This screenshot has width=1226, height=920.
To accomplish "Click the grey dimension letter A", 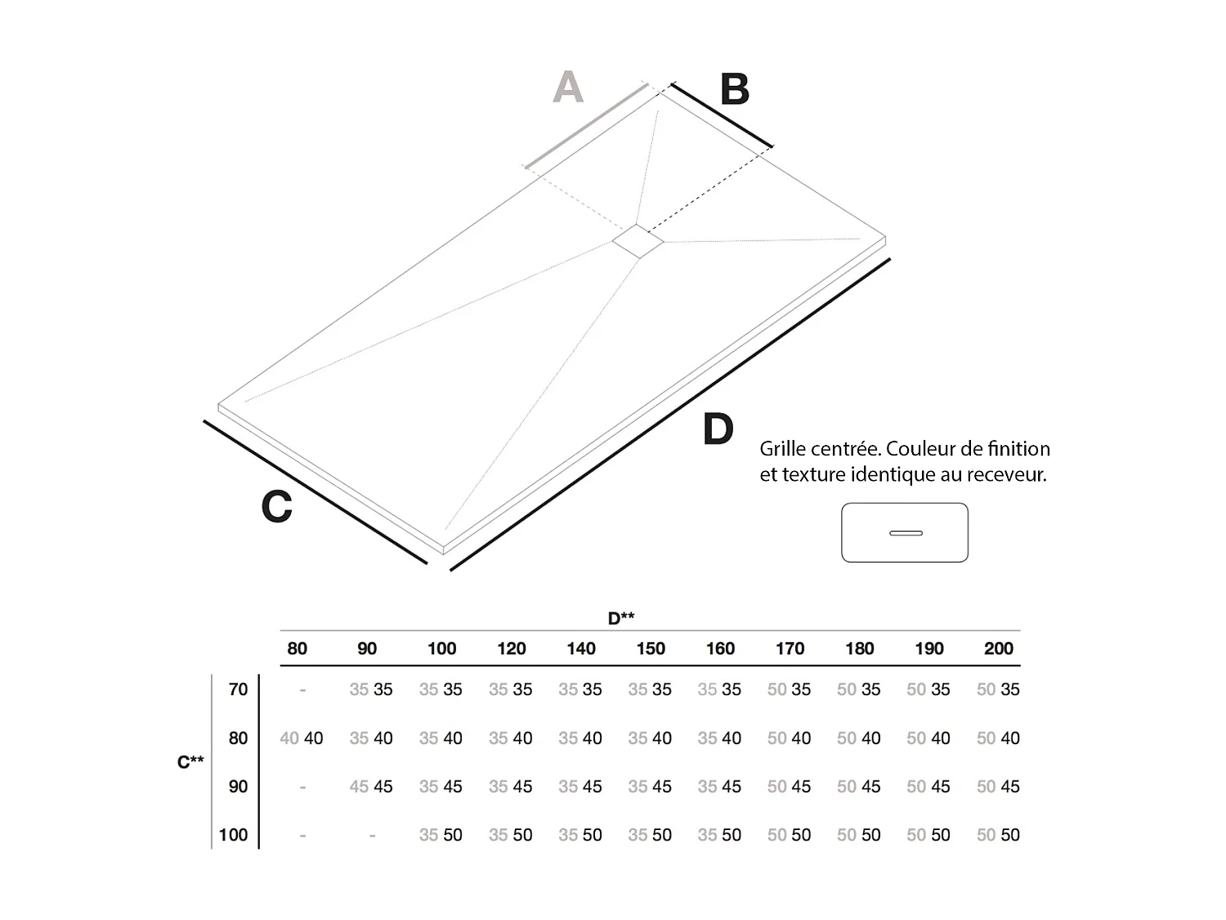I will tap(568, 87).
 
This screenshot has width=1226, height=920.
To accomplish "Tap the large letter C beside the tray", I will tap(276, 506).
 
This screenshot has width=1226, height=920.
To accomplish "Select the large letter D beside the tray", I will tap(718, 429).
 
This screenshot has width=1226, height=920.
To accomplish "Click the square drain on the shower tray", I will tap(638, 241).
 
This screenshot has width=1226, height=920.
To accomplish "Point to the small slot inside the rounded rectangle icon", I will tap(905, 533).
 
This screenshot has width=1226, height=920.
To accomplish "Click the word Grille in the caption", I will tap(786, 449).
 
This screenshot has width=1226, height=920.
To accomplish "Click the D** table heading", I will tap(621, 618).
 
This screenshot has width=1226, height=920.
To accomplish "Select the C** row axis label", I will tap(190, 762).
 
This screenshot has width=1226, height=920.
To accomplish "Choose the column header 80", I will tap(297, 648).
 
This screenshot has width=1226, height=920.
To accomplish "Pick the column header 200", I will tap(998, 648).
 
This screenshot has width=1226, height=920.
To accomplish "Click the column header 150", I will tap(651, 648).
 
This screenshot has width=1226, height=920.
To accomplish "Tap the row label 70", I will tap(238, 689).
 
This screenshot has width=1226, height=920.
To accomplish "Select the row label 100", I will tap(233, 835).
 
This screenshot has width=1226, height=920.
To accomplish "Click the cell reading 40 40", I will tap(302, 738).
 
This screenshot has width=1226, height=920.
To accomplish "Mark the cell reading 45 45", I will tap(371, 787).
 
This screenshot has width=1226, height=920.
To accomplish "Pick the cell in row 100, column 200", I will tap(998, 835).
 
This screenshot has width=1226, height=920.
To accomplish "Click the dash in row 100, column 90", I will tap(372, 836).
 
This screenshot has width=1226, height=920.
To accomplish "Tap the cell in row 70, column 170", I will tap(789, 689).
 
